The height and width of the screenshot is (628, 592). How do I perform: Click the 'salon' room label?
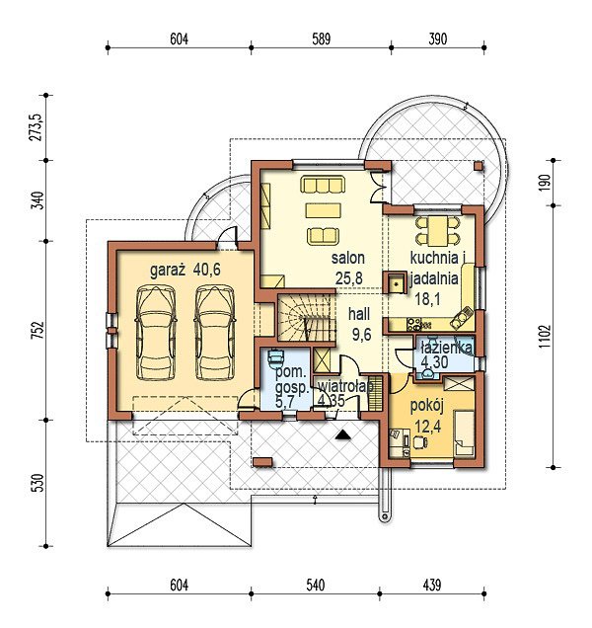(x=348, y=259)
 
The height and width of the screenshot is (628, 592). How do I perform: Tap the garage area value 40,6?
(x=206, y=270)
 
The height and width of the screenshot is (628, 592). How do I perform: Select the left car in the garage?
(x=156, y=333)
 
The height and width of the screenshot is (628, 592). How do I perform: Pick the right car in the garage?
(x=214, y=333)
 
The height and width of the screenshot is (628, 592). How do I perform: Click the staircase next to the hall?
(x=307, y=318)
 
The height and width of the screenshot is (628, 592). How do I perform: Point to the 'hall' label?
(x=359, y=314)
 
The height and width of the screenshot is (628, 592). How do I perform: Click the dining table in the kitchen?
(x=438, y=231)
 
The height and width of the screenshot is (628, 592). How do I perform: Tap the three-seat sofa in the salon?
(x=323, y=185)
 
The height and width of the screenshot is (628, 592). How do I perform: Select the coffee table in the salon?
(x=324, y=210)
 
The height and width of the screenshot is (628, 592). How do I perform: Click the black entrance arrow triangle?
(x=343, y=434)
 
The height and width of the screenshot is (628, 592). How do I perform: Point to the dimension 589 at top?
(x=321, y=39)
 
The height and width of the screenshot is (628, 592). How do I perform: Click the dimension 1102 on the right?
(x=546, y=337)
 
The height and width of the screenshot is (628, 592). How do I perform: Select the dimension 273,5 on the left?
(x=36, y=127)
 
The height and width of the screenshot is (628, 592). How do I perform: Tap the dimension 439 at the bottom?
(x=431, y=586)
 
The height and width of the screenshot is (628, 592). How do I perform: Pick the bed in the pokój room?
(x=465, y=432)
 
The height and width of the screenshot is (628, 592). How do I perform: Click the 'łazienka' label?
(x=447, y=348)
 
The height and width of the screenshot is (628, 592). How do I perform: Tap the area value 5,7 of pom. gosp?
(x=285, y=402)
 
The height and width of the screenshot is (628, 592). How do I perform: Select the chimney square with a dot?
(x=396, y=283)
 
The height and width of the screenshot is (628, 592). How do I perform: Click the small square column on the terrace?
(x=479, y=166)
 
